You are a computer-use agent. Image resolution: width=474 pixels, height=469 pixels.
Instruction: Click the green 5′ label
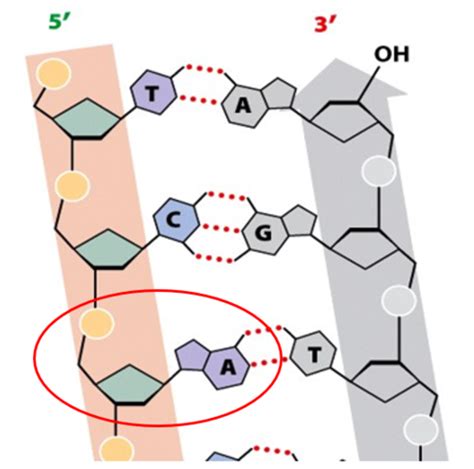point(60,22)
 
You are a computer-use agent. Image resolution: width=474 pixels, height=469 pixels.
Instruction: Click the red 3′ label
point(325,25)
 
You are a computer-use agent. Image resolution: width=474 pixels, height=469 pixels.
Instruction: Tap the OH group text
point(391,54)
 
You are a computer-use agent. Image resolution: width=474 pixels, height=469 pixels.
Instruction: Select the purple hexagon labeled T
point(153,92)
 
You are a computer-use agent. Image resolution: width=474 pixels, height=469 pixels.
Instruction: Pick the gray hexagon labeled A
point(244,106)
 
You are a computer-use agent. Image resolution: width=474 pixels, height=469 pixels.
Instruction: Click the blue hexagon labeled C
point(176,220)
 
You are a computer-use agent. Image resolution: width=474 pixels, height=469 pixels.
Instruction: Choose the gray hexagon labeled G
point(265,234)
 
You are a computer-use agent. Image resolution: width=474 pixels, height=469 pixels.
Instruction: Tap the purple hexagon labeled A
point(227,368)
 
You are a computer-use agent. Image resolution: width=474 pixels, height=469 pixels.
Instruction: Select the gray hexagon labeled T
point(314,354)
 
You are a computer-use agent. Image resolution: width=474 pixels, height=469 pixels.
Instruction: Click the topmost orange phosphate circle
point(53,74)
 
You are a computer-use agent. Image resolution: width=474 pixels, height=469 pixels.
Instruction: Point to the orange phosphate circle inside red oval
point(97,323)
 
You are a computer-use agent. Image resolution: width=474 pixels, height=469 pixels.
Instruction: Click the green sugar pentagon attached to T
point(87,118)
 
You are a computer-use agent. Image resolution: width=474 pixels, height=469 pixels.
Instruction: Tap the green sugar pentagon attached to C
point(108,248)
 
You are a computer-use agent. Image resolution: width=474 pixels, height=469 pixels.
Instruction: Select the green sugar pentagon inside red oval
point(130,385)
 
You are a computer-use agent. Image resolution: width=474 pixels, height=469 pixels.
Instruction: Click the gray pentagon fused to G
point(299,220)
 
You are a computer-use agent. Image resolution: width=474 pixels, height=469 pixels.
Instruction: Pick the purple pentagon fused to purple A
point(192,355)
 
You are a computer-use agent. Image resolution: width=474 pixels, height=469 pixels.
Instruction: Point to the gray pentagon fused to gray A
point(279,93)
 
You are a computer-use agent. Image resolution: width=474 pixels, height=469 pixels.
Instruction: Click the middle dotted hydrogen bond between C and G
point(222,229)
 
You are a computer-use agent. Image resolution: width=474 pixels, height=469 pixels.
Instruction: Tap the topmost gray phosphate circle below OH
point(379,171)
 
